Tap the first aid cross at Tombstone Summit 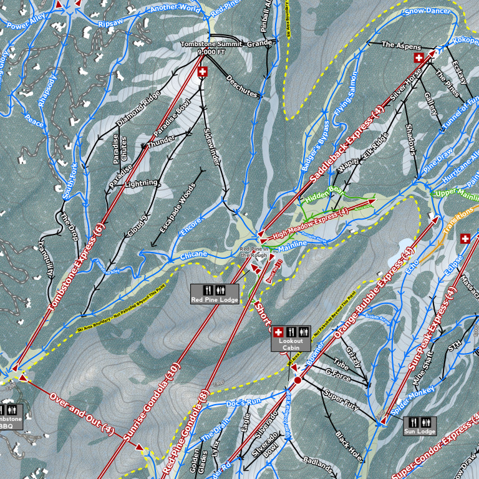click(202, 72)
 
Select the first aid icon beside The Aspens click(419, 58)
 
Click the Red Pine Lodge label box click(215, 299)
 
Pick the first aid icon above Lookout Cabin click(279, 332)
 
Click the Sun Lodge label click(419, 432)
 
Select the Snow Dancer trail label click(427, 11)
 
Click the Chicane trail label click(193, 255)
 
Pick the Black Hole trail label click(347, 444)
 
